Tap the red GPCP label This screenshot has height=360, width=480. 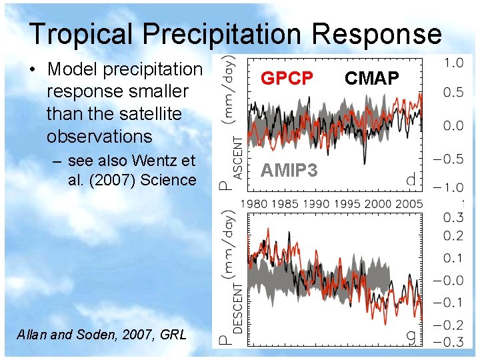point(287,79)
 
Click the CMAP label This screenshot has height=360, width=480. point(371,79)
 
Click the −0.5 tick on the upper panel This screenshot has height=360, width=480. point(450,159)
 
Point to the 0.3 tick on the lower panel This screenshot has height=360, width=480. point(453,217)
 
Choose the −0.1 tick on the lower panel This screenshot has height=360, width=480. point(450,303)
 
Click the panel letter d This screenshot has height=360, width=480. point(411,179)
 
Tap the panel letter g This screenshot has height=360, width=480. point(411,338)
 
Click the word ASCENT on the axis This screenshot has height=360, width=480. point(237,153)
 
